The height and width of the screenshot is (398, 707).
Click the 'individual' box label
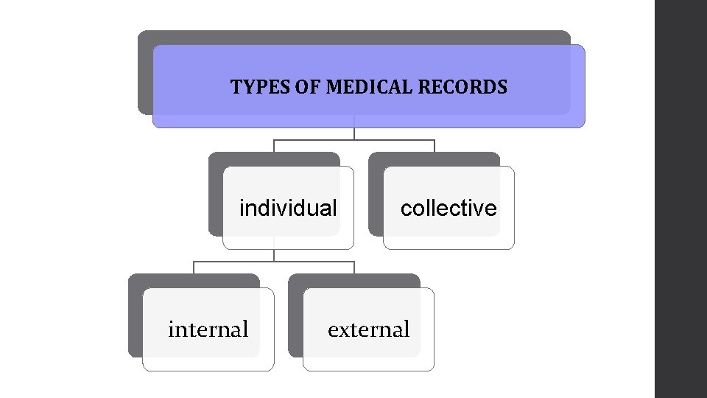coord(288,209)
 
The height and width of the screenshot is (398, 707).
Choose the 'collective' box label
coord(449,209)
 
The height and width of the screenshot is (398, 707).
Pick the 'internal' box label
coord(208,329)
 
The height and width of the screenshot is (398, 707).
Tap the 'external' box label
coord(368,329)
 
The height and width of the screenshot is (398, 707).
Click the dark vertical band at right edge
coord(680,199)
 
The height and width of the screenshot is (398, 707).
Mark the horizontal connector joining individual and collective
coord(354,140)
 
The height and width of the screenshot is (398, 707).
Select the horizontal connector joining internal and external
coord(274,262)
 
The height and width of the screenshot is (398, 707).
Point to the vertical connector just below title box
coord(354,133)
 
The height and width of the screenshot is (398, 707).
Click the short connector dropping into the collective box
coord(435,146)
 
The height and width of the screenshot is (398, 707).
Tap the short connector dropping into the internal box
coord(194,268)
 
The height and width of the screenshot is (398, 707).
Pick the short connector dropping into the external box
coord(354,268)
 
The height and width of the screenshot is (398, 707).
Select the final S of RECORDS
coord(502,88)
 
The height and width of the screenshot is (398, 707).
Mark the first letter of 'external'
coord(332,331)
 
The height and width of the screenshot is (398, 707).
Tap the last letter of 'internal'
coord(245,329)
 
